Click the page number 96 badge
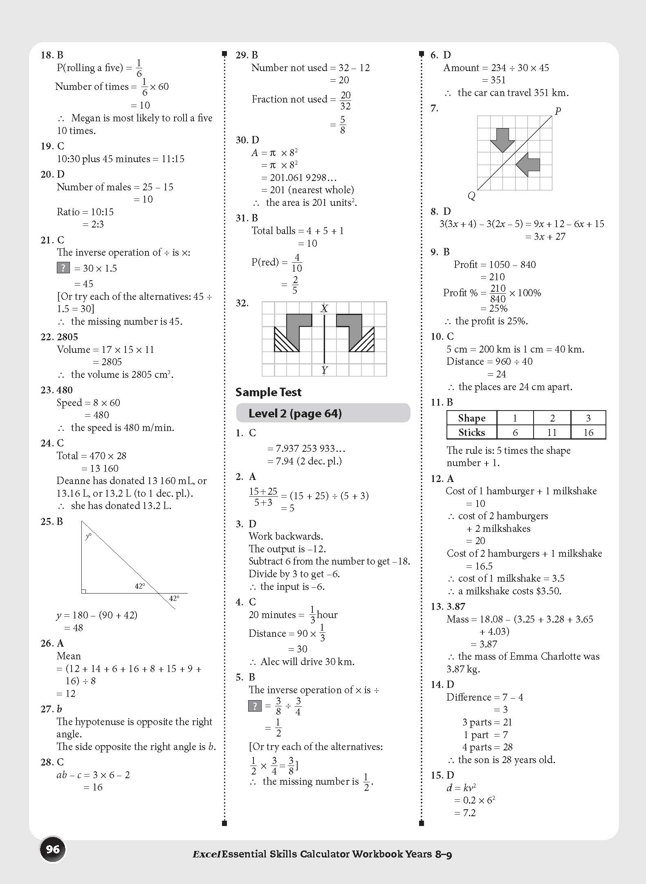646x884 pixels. pyautogui.click(x=53, y=849)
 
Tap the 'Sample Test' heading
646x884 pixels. pyautogui.click(x=268, y=392)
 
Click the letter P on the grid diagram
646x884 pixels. pyautogui.click(x=558, y=111)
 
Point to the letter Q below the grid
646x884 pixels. pyautogui.click(x=471, y=196)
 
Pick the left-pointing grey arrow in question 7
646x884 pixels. pyautogui.click(x=528, y=165)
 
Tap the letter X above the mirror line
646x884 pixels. pyautogui.click(x=324, y=308)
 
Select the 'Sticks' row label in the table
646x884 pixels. pyautogui.click(x=471, y=432)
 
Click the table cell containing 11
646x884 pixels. pyautogui.click(x=552, y=432)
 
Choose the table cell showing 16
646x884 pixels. pyautogui.click(x=588, y=432)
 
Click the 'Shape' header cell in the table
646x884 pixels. pyautogui.click(x=471, y=418)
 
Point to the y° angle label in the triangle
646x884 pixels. pyautogui.click(x=88, y=536)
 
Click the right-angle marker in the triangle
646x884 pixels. pyautogui.click(x=84, y=591)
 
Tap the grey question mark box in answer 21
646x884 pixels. pyautogui.click(x=63, y=268)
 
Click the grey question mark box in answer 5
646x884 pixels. pyautogui.click(x=255, y=705)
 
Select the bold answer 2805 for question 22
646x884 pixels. pyautogui.click(x=67, y=337)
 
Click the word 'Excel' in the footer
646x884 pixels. pyautogui.click(x=206, y=854)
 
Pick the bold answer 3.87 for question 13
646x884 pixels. pyautogui.click(x=456, y=607)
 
